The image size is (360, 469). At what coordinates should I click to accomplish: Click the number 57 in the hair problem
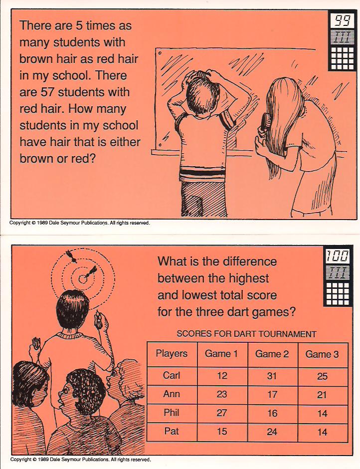pos(56,92)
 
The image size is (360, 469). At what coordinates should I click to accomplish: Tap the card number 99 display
pos(342,20)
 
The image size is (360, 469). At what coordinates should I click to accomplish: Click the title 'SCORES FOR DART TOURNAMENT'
pos(246,334)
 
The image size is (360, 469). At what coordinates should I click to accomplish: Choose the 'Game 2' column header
pos(272,354)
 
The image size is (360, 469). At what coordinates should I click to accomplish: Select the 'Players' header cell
pos(172,354)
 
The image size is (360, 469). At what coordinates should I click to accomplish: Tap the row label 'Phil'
pos(172,413)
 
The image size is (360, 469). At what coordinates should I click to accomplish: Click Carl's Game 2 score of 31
pos(272,376)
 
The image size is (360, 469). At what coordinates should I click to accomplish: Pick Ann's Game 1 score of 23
pos(221,394)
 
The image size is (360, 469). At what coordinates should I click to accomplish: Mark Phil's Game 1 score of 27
pos(221,413)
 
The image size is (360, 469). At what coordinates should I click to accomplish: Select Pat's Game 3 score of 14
pos(322,432)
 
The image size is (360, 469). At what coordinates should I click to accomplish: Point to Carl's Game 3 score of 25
pos(322,376)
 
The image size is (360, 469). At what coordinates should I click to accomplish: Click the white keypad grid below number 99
pos(342,57)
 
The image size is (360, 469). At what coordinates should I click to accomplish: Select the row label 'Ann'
pos(172,394)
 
